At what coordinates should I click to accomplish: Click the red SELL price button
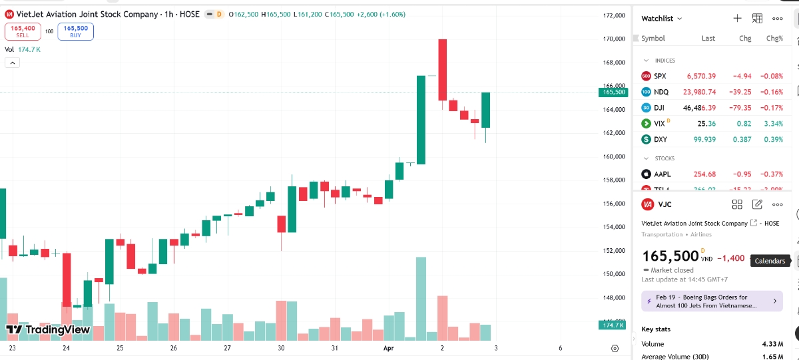click(x=23, y=31)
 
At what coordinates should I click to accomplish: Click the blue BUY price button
click(x=75, y=31)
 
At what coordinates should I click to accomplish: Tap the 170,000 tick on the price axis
click(x=613, y=39)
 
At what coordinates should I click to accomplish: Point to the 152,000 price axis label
click(x=613, y=250)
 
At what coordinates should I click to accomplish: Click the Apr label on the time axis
click(x=388, y=348)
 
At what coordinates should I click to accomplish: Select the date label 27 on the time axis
click(x=227, y=348)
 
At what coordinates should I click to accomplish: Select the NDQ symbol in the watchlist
click(x=661, y=92)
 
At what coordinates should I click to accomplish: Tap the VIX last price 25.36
click(x=706, y=124)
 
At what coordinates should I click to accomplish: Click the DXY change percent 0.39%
click(x=774, y=139)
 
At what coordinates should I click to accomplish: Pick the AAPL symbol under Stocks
click(x=662, y=174)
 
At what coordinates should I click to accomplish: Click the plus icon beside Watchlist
click(x=737, y=19)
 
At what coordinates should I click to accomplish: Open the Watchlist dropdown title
click(x=661, y=19)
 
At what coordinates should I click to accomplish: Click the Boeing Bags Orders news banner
click(x=711, y=301)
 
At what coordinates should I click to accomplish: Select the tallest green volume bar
click(x=421, y=299)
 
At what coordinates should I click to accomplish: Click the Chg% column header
click(x=774, y=39)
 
